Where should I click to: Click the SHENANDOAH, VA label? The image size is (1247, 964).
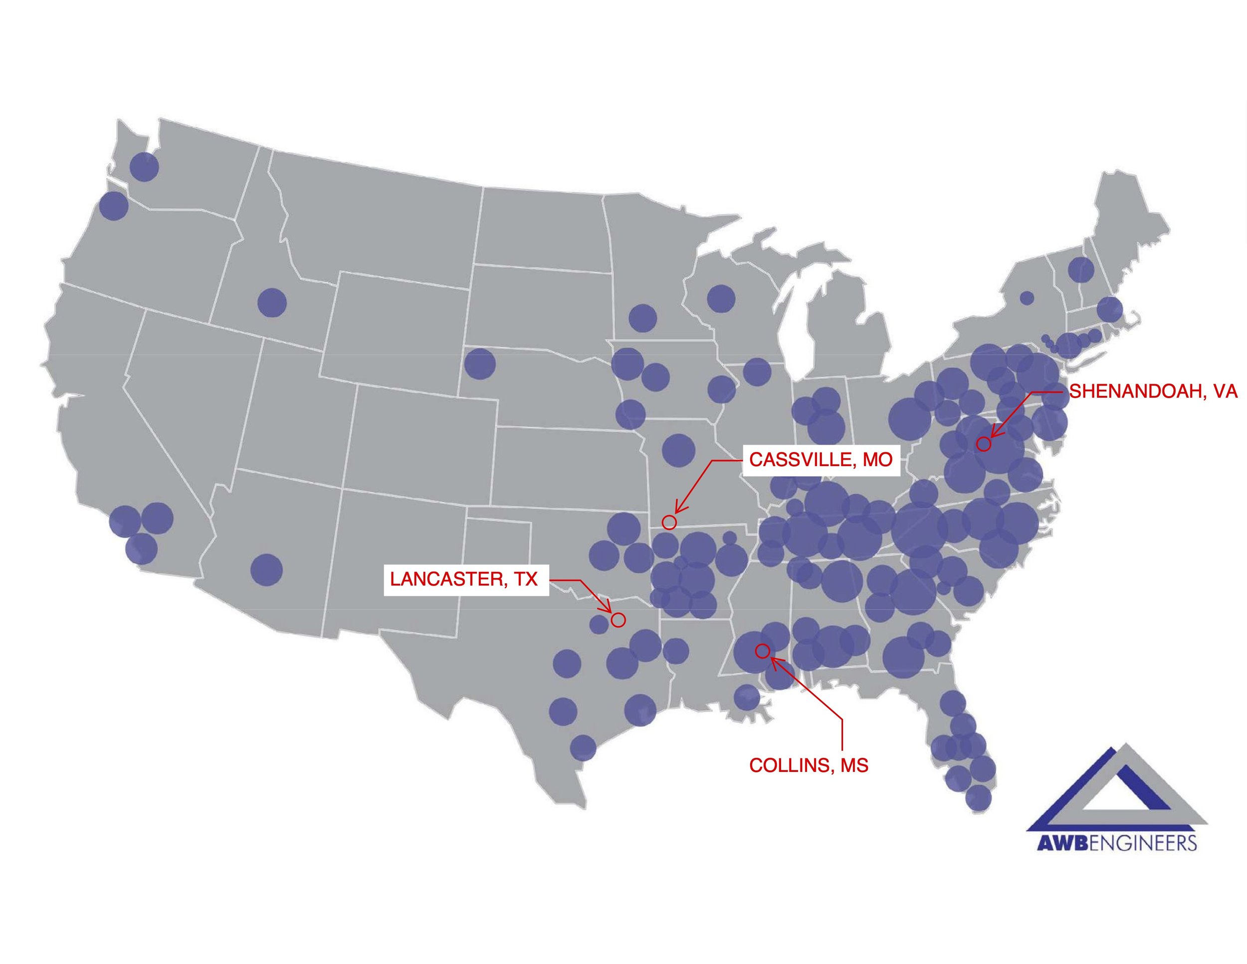pos(1153,391)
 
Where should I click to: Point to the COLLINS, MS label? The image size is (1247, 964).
pos(809,765)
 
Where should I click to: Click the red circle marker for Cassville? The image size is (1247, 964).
pos(669,521)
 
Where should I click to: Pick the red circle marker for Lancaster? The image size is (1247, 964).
pos(619,620)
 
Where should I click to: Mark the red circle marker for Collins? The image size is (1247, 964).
pos(762,651)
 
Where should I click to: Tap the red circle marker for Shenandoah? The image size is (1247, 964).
pos(983,444)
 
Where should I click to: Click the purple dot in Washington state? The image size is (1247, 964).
pos(144,167)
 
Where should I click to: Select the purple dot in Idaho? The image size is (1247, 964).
pos(272,302)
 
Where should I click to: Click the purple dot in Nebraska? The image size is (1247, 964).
pos(480,363)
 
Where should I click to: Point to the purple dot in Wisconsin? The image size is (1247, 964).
pos(721,298)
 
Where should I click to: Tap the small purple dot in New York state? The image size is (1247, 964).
pos(1027,297)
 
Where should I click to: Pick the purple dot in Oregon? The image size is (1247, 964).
pos(114,206)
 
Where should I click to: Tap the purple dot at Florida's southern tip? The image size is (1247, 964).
pos(978,798)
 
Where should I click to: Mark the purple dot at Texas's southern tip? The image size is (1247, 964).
pos(583,746)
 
